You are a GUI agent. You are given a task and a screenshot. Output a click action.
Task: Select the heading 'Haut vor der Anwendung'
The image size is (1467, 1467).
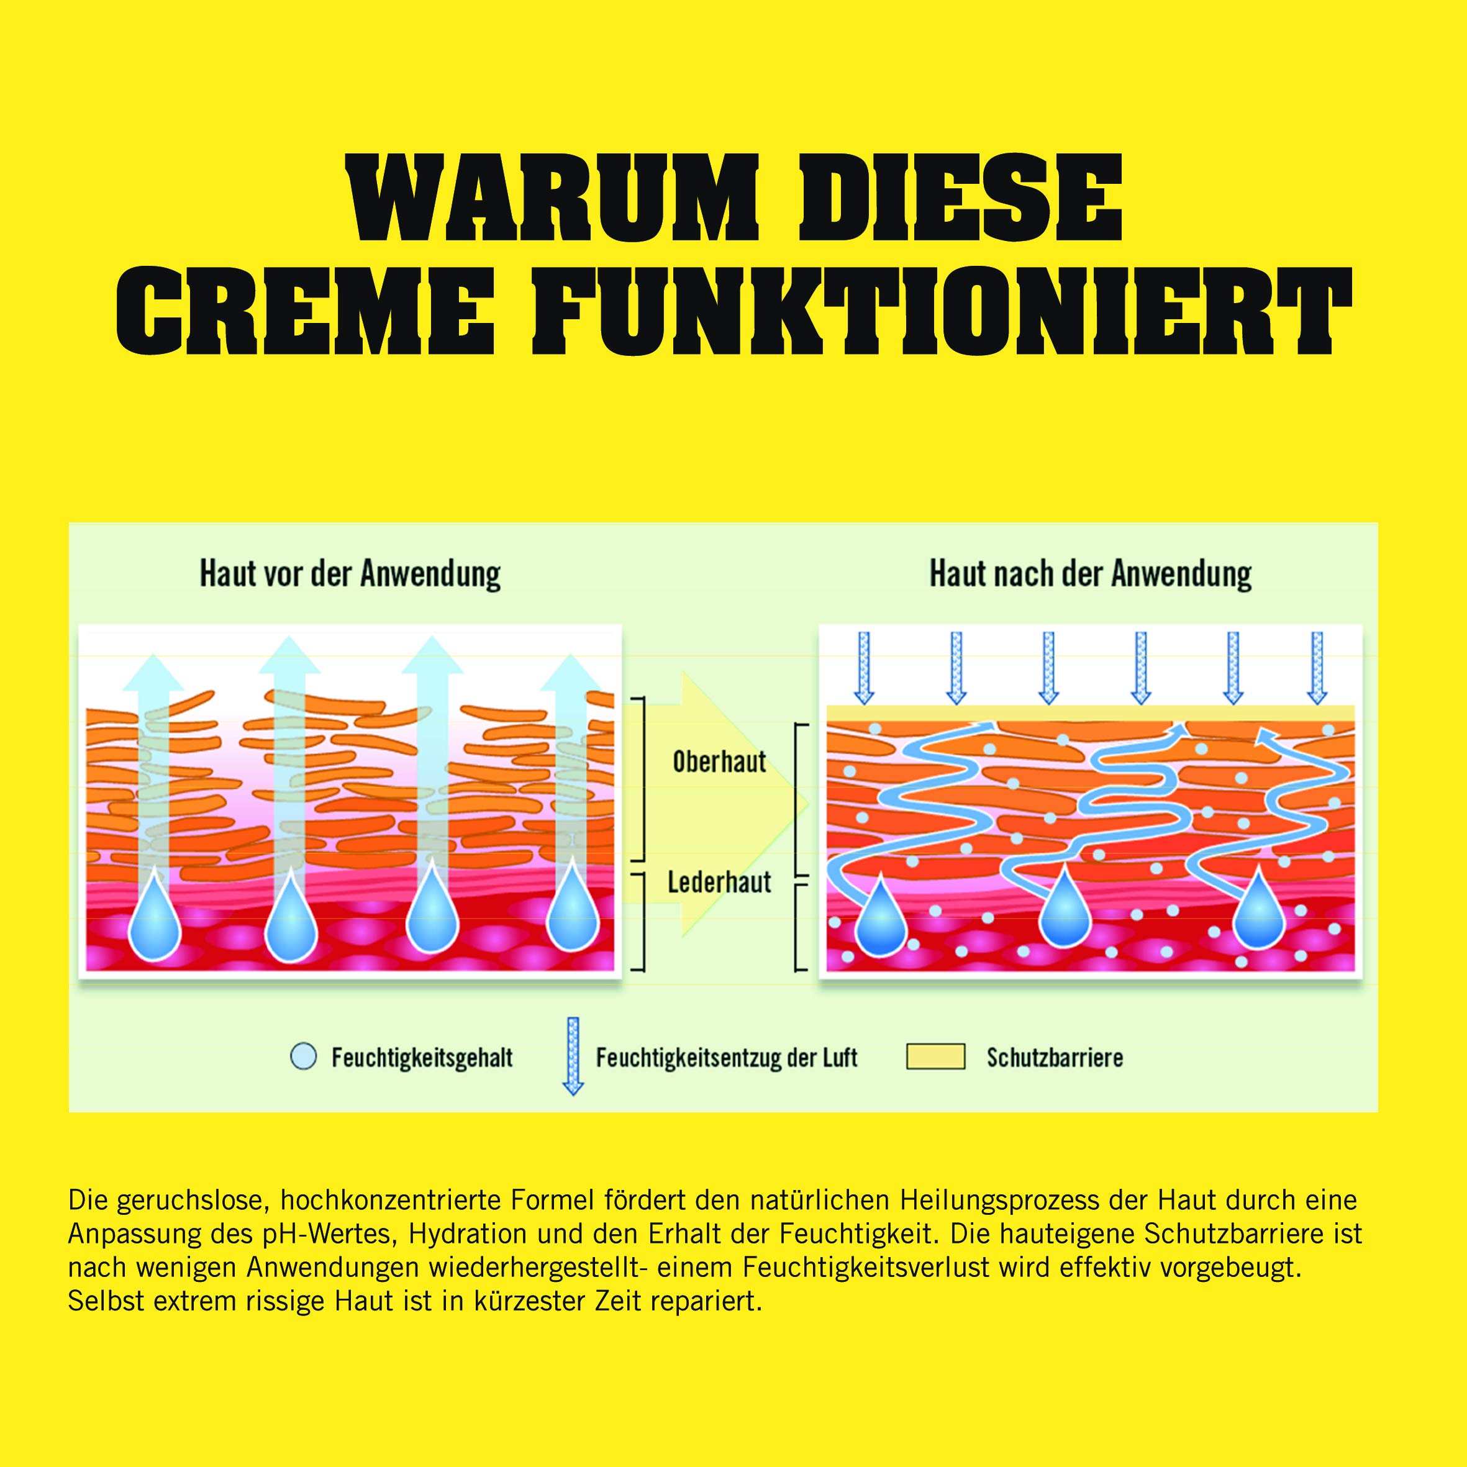point(350,574)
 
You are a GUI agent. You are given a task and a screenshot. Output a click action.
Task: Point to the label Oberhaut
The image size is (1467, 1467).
point(719,761)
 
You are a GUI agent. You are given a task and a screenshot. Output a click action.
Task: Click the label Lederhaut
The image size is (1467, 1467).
point(719,883)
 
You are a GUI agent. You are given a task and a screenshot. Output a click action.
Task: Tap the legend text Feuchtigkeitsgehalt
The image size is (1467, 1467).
point(422,1058)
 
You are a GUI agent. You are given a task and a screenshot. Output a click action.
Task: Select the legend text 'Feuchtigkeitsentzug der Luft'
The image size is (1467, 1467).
point(727,1058)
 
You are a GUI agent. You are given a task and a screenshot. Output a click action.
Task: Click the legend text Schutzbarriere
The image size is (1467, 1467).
point(1055,1058)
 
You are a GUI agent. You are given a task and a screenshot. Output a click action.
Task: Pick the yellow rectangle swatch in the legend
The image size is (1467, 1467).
point(935,1057)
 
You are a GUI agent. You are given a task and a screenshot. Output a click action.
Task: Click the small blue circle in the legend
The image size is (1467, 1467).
point(304,1057)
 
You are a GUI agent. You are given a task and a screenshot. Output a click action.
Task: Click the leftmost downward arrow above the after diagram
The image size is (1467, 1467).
point(864,668)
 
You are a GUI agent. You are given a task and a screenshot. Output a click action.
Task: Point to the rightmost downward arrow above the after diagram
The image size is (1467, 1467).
point(1317,668)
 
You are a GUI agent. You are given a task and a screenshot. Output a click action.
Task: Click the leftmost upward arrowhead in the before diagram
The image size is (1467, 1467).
point(153,672)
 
